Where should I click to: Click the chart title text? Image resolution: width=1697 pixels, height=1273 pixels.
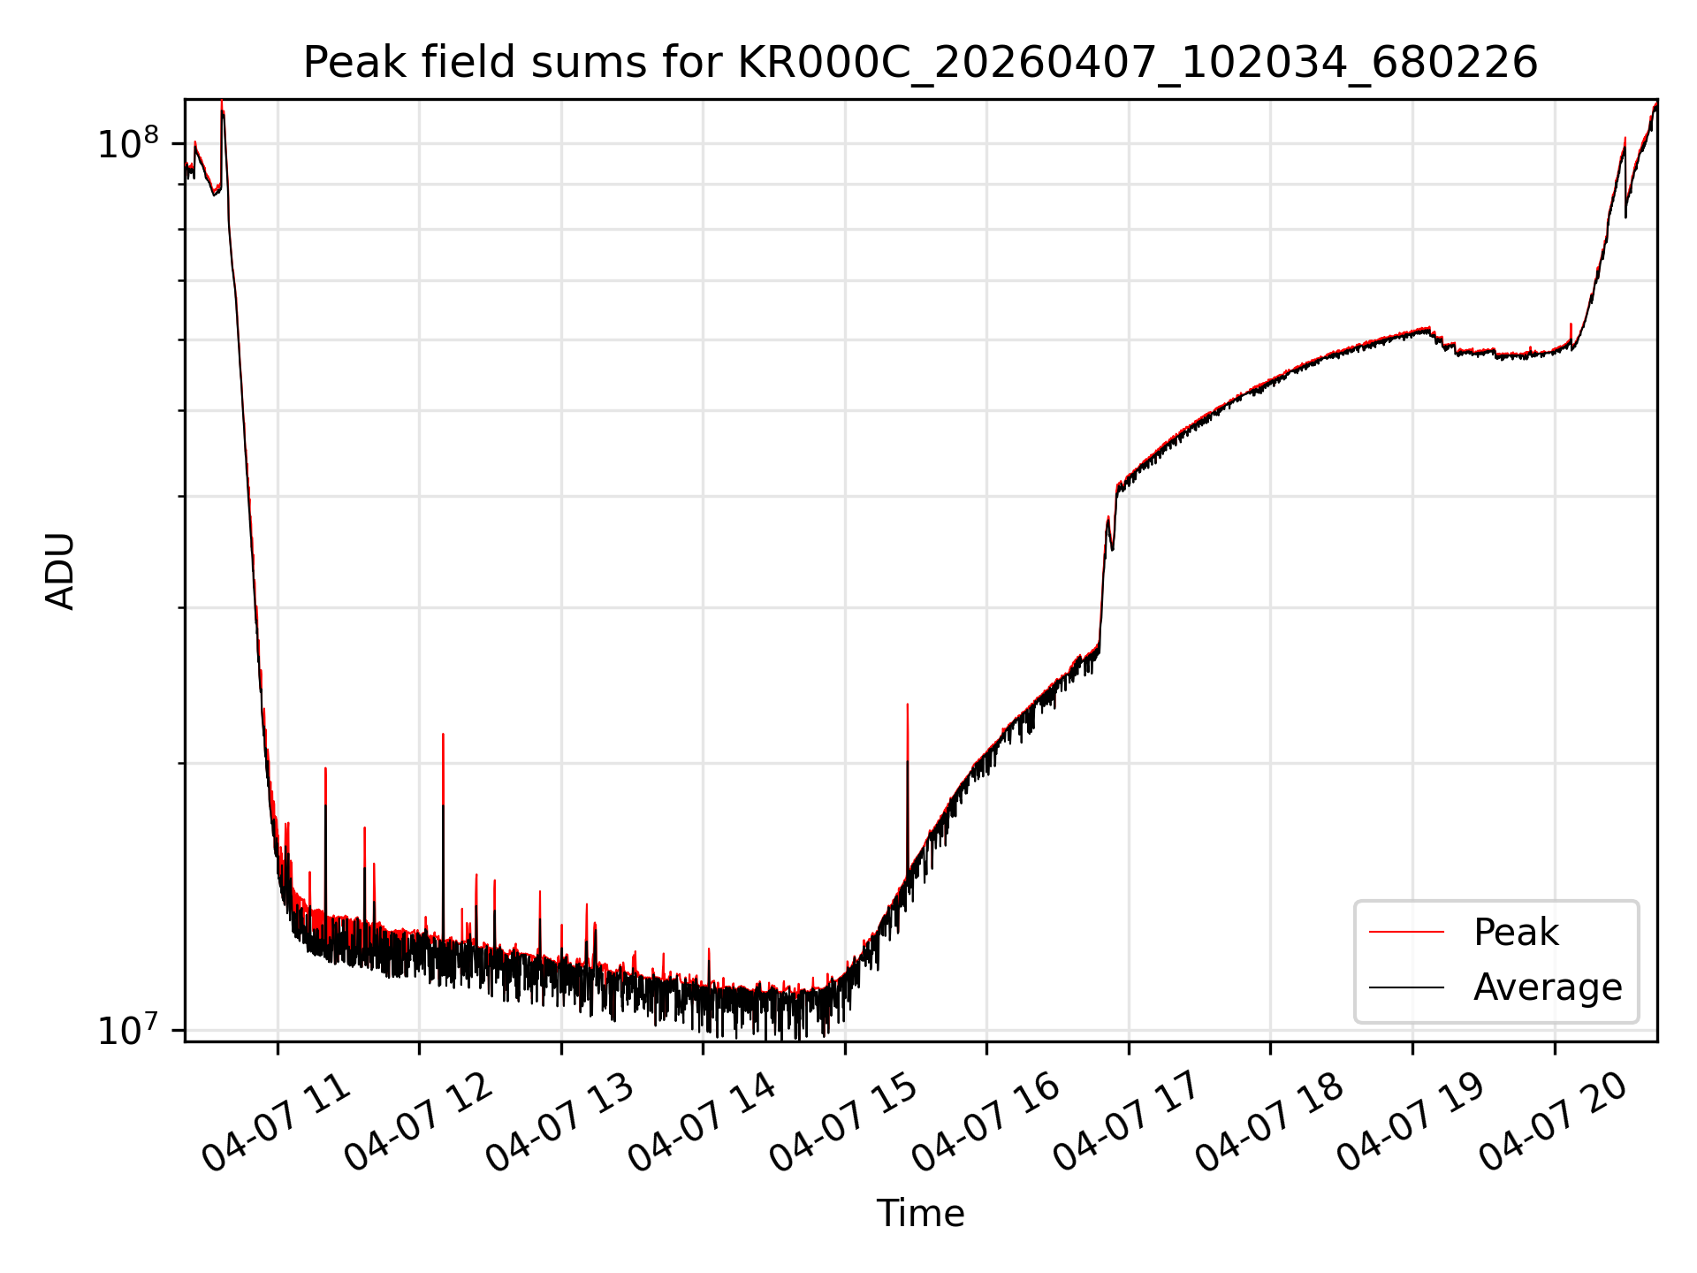coord(920,63)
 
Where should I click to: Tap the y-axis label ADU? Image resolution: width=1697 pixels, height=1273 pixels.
coord(60,571)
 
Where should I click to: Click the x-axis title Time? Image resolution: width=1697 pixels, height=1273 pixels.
coord(920,1213)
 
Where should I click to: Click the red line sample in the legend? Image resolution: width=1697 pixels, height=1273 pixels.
coord(1406,933)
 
